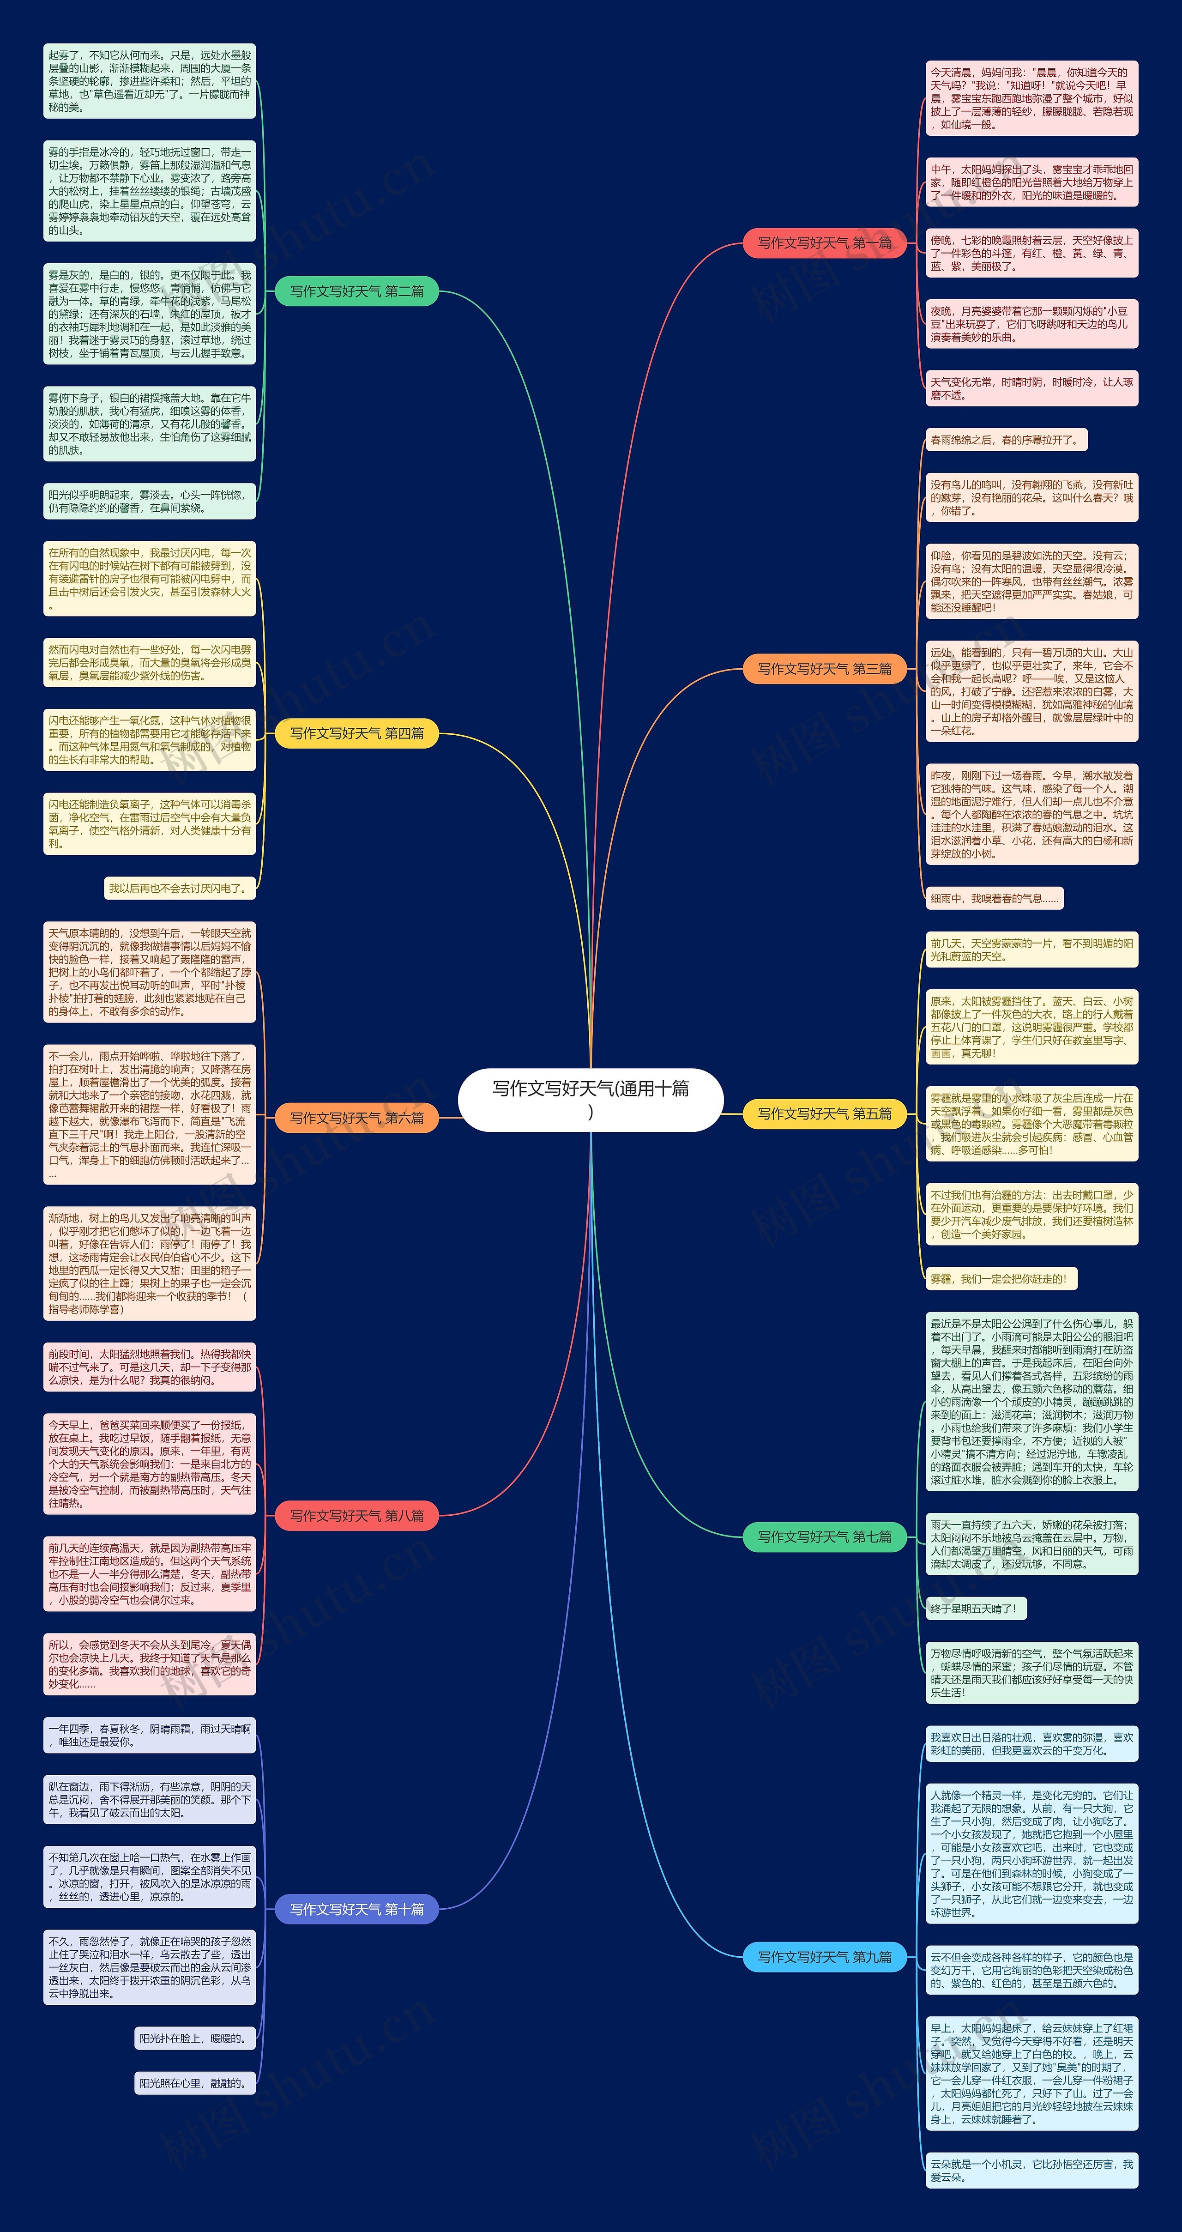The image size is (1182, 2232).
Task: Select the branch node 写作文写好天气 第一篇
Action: point(824,242)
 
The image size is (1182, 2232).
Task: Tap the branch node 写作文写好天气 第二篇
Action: point(356,291)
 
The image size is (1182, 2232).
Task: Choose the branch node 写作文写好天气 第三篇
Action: point(824,669)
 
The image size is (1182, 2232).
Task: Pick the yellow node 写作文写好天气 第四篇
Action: point(356,733)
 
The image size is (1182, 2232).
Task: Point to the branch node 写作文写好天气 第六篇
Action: point(356,1118)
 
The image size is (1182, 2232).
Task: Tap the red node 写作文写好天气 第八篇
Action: point(356,1515)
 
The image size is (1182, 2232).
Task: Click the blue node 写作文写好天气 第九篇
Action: point(824,1956)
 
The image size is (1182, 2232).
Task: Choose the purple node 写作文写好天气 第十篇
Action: point(356,1909)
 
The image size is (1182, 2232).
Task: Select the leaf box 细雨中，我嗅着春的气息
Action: point(994,899)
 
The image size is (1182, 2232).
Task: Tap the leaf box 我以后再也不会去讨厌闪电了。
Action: point(180,888)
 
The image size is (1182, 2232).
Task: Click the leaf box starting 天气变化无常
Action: point(1031,388)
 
